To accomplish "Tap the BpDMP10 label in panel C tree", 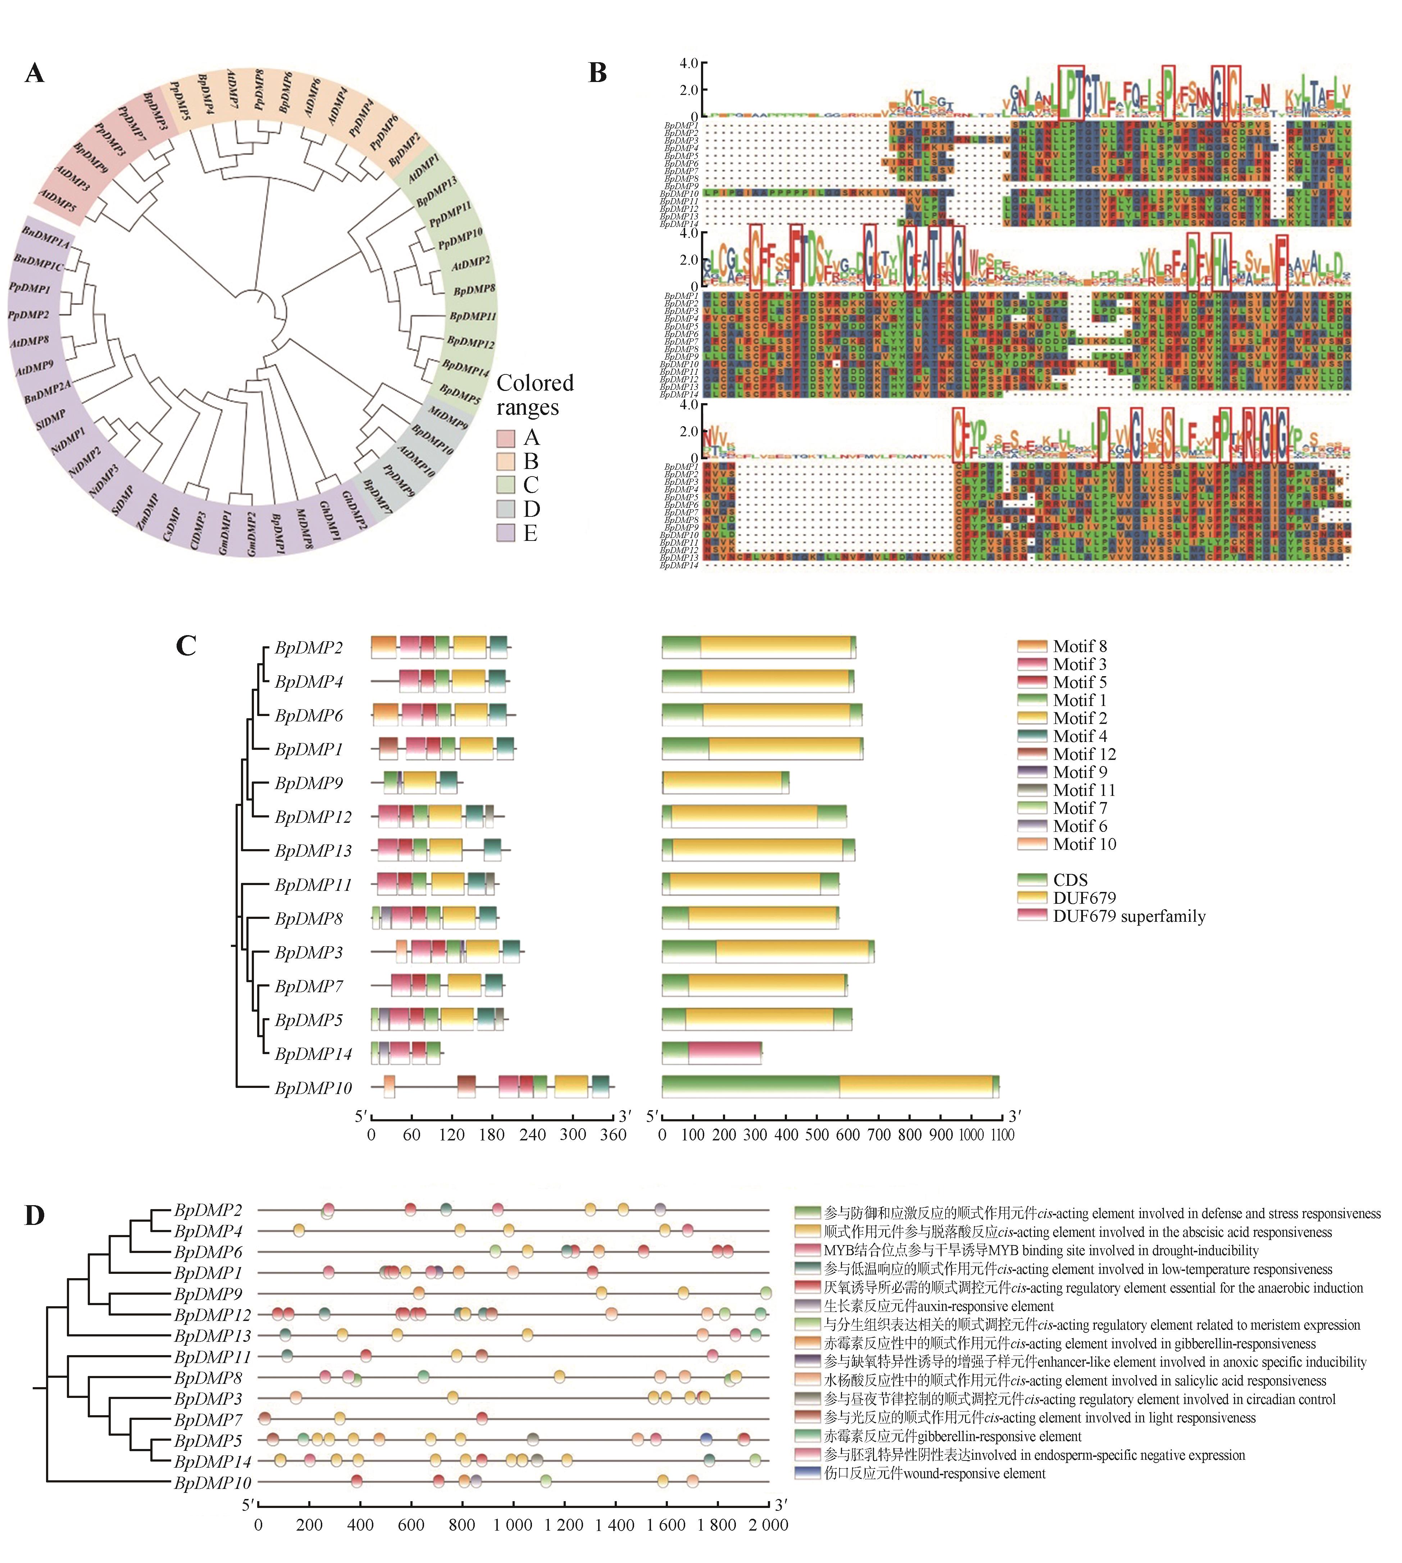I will [313, 1088].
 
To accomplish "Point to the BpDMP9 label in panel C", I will [308, 783].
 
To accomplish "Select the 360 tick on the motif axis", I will [613, 1135].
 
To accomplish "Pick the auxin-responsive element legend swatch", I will [808, 1306].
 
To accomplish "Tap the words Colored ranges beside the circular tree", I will [534, 395].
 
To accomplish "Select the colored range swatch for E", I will [505, 532].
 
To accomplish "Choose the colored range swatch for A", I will [505, 438].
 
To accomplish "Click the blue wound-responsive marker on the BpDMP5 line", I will [706, 1439].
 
